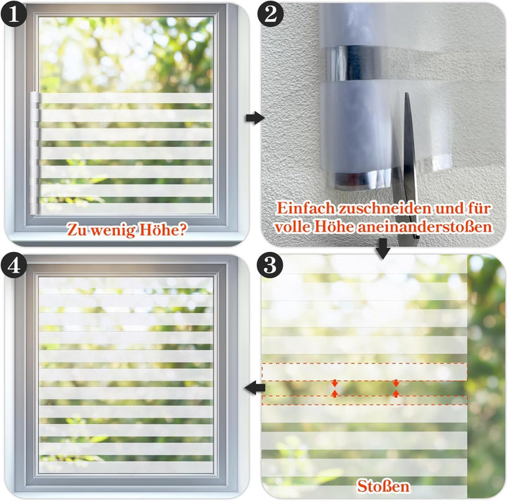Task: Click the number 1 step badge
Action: [13, 14]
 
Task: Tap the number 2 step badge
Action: [270, 14]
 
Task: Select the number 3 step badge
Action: [270, 265]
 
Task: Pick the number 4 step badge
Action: [13, 266]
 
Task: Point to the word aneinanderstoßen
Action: [425, 227]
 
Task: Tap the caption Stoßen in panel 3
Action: [383, 486]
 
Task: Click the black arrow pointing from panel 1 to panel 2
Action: [255, 118]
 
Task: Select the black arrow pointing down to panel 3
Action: [383, 249]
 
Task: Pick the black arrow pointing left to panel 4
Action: [255, 387]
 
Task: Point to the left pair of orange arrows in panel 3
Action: [334, 388]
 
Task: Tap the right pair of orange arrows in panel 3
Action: [396, 388]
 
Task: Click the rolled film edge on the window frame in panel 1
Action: [35, 153]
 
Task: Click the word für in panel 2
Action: [478, 208]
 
